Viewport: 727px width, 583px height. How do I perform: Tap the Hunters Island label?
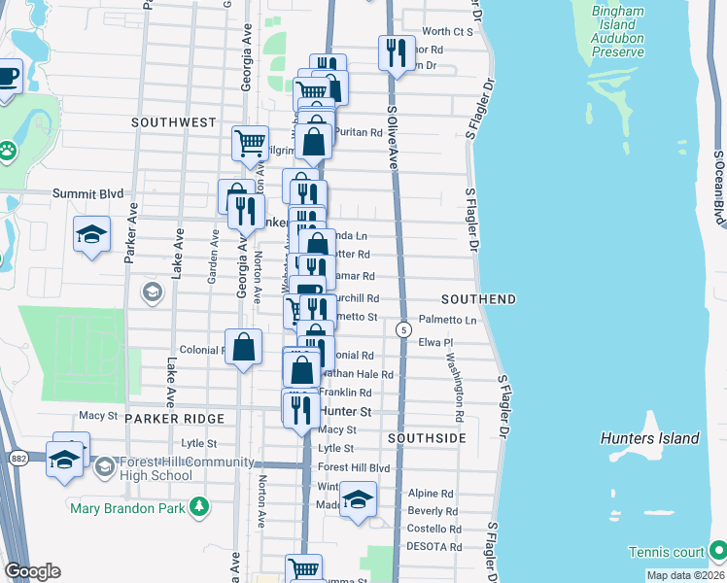pos(649,438)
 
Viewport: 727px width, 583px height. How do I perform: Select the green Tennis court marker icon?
pos(717,551)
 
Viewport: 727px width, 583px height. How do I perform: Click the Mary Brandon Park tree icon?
pos(199,505)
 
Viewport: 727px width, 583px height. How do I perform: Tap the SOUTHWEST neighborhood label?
pos(174,122)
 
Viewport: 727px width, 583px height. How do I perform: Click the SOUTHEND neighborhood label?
pos(478,298)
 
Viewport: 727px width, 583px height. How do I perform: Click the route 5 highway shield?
pos(402,330)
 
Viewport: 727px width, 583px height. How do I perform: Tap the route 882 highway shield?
pos(18,457)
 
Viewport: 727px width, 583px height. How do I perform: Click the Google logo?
pos(32,570)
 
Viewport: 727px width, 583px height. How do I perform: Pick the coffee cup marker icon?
pos(7,77)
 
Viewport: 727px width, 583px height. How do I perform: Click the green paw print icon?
pos(8,151)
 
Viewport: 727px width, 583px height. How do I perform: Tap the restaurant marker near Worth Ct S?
pos(395,51)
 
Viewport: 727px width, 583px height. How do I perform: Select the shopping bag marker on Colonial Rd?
pos(243,345)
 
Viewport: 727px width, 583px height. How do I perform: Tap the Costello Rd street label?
pos(433,529)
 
